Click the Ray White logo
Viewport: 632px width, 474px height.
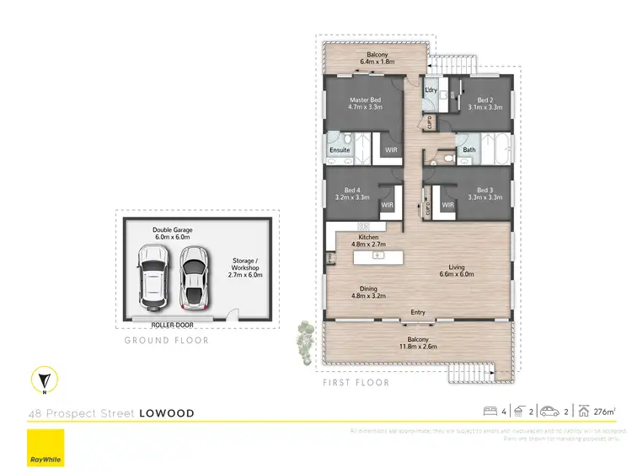[46, 449]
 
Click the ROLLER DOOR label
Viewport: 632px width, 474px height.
[172, 323]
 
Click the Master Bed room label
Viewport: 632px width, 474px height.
[366, 104]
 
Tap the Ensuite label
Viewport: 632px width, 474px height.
[340, 150]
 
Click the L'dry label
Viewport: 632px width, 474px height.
[430, 89]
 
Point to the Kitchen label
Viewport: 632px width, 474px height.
[368, 241]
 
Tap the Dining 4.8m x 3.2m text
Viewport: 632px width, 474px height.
[368, 292]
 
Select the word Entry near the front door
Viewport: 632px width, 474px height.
[418, 313]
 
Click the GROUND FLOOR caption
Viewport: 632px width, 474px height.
[166, 341]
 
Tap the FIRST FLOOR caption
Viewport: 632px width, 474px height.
[356, 382]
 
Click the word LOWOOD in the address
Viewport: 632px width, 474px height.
[167, 413]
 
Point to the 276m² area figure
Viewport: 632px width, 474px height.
[603, 412]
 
